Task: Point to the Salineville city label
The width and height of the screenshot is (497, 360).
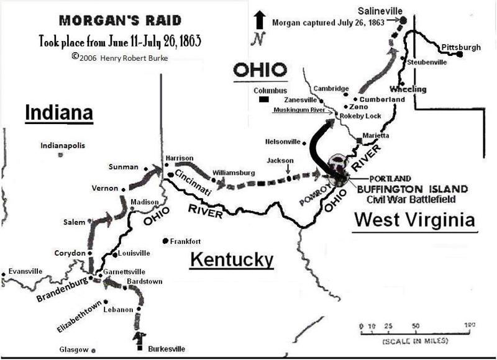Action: [x=380, y=11]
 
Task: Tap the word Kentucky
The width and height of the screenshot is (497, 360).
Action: [x=232, y=259]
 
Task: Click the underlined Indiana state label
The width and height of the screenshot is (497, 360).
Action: [x=58, y=113]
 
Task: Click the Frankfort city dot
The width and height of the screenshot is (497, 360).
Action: [x=166, y=241]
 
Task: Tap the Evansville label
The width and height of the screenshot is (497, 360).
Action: [x=23, y=271]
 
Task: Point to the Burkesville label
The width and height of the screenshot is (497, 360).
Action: [x=166, y=349]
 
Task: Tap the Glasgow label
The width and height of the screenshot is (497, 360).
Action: [x=73, y=349]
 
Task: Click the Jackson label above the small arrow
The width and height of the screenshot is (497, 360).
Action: [x=280, y=160]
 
